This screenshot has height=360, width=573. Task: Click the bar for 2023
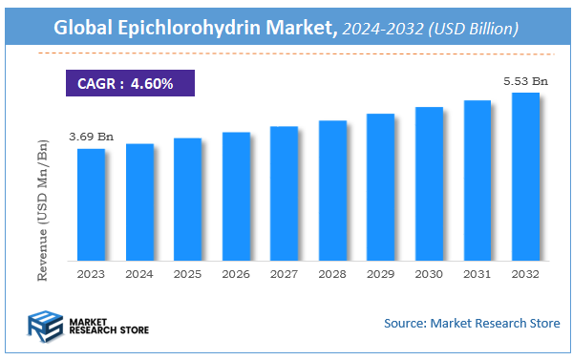[x=91, y=204]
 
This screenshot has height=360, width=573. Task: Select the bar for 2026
[x=236, y=196]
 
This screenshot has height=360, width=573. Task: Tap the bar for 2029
[x=381, y=186]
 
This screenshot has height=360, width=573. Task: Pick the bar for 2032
[x=526, y=176]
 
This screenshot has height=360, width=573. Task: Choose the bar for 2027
[x=285, y=193]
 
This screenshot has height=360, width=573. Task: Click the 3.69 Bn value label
[x=91, y=138]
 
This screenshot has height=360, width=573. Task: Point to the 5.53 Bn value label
[x=526, y=81]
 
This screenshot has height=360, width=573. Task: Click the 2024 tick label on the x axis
[x=139, y=273]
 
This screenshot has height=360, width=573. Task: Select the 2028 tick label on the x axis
[x=332, y=273]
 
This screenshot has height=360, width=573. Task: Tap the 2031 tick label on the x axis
[x=477, y=273]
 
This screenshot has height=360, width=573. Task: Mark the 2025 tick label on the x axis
[x=187, y=273]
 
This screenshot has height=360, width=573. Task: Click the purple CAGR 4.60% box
[x=129, y=83]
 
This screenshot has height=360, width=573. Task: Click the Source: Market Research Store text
[x=472, y=324]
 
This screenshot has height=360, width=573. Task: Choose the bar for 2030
[x=429, y=183]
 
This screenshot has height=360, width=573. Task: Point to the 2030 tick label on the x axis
[x=429, y=273]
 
